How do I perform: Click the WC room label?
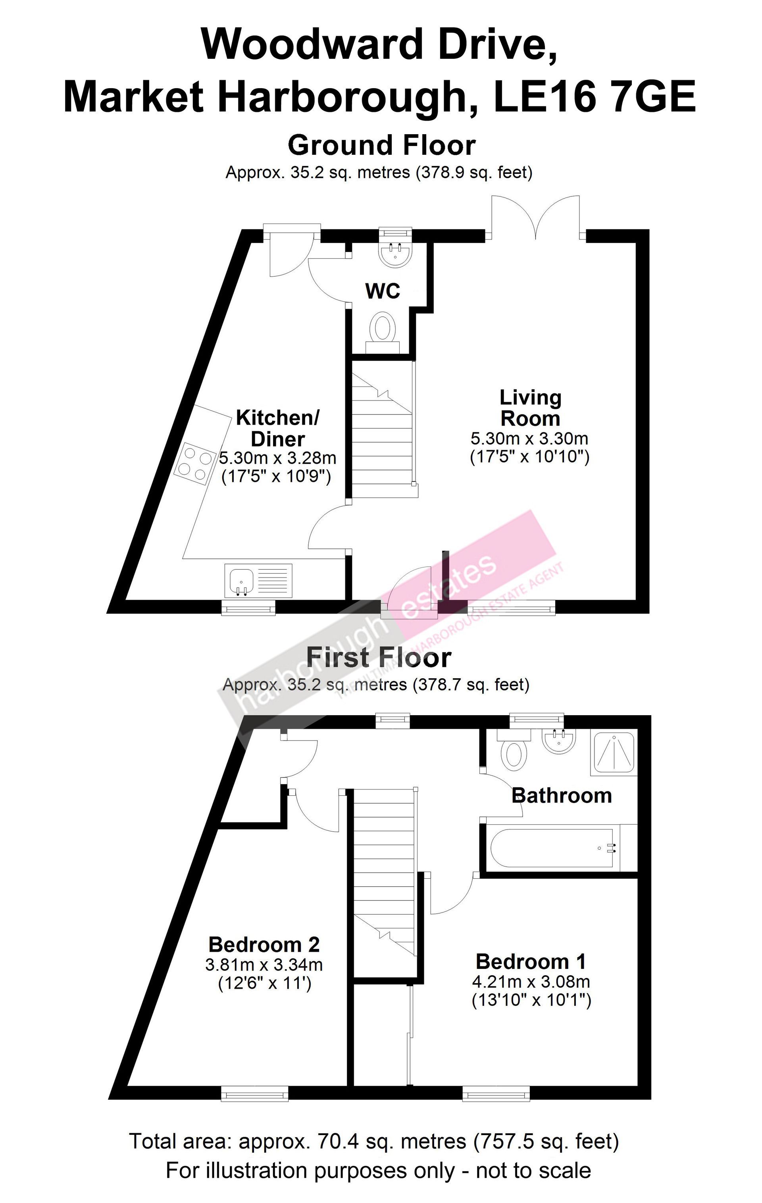(383, 291)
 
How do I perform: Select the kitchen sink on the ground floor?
(259, 581)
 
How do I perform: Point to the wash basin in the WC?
(395, 255)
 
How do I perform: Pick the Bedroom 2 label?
(264, 944)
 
